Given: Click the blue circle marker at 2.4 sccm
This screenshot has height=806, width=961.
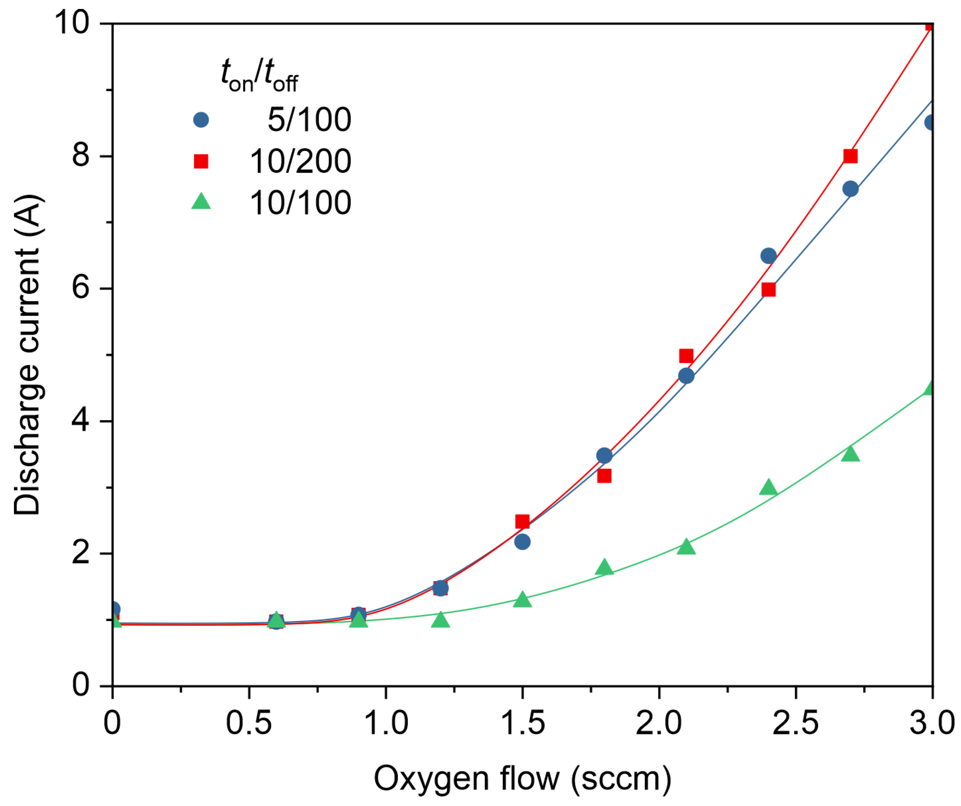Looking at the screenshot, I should coord(768,256).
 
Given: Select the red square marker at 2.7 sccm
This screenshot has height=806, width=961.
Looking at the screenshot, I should coord(850,156).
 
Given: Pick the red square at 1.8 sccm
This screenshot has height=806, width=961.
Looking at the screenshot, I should coord(604,476).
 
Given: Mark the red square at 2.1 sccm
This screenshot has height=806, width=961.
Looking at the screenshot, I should coord(686,356).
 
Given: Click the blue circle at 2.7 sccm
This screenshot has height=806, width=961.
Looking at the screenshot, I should coord(850,189).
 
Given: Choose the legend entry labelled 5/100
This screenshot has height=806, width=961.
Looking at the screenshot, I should coord(309,120).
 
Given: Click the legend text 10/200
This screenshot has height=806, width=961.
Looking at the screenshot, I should coord(300,161).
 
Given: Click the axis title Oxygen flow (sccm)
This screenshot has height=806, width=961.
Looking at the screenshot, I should coord(522,778).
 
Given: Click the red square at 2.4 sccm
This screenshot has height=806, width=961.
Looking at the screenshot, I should coord(769,290).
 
